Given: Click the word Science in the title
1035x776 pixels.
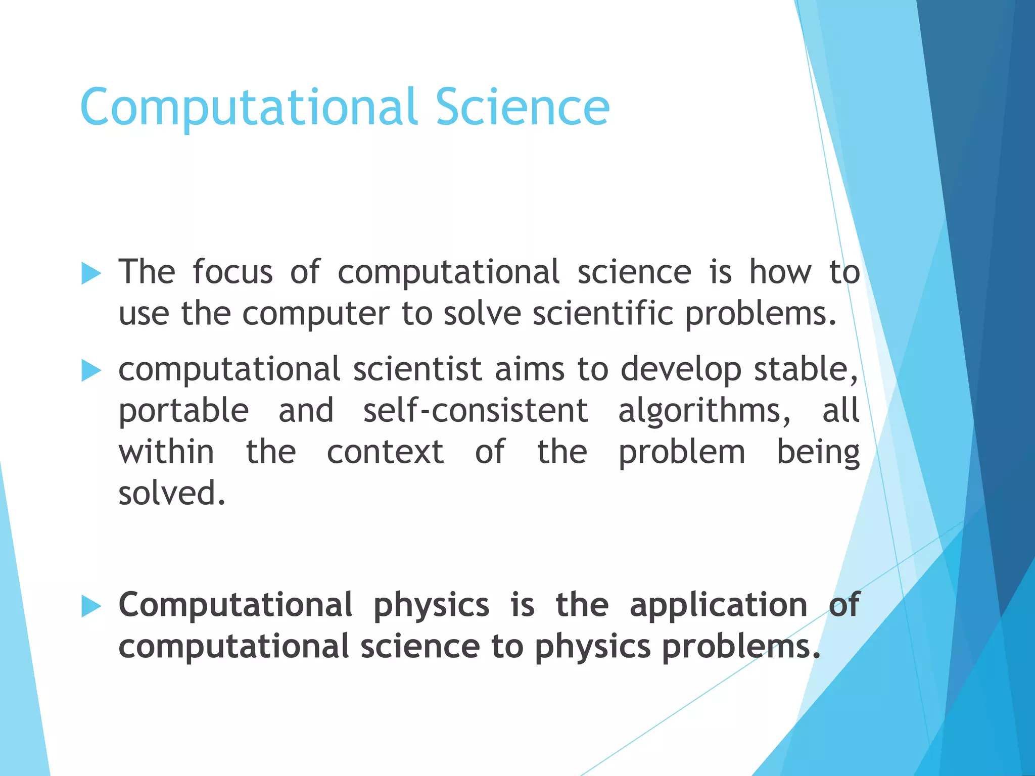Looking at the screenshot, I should click(x=523, y=107).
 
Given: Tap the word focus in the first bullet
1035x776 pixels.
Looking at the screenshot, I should click(x=232, y=272).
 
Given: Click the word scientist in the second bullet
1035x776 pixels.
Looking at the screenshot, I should click(x=417, y=369).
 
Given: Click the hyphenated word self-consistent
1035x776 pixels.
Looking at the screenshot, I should click(x=476, y=410).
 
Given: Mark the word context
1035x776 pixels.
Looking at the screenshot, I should click(x=385, y=452).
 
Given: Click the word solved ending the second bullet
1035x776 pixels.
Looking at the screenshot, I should click(x=171, y=494).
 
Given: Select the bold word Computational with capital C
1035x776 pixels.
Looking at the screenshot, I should click(x=236, y=605).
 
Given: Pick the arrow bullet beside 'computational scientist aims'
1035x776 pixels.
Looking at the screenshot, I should click(x=91, y=371).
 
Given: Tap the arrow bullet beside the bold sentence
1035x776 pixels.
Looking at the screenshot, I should click(x=91, y=606).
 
